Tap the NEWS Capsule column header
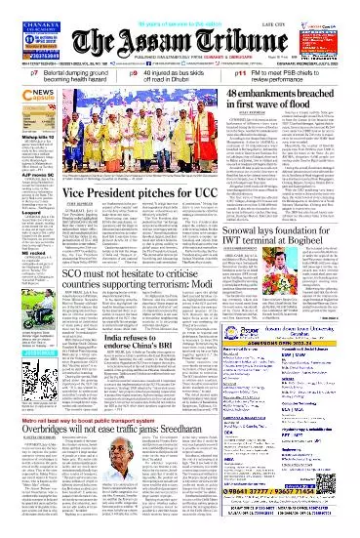23,98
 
